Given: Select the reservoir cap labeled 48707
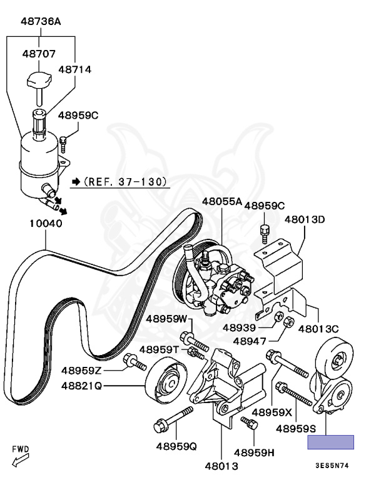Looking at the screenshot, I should [39, 79].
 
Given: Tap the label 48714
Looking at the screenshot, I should [75, 70].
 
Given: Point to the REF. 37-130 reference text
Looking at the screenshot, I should [120, 182].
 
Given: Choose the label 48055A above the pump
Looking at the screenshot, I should [221, 202].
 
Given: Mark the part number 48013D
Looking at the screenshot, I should [305, 219].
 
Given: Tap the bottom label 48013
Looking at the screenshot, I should [221, 465].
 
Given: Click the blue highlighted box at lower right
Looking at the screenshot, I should [330, 442].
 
